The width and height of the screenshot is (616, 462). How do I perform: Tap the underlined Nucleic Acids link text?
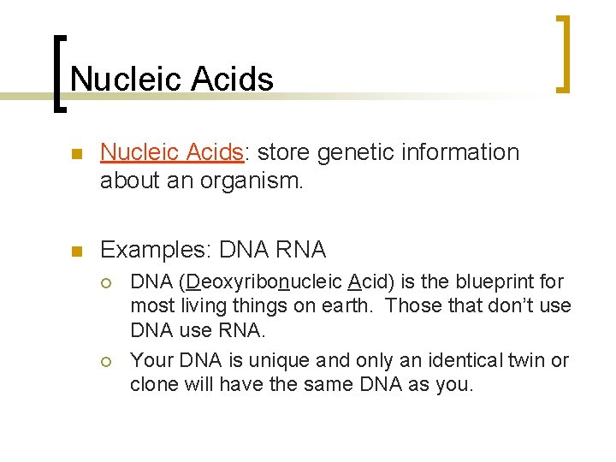172,152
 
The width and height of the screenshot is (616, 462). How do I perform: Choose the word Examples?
157,250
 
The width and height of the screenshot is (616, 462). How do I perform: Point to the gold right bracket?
562,53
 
